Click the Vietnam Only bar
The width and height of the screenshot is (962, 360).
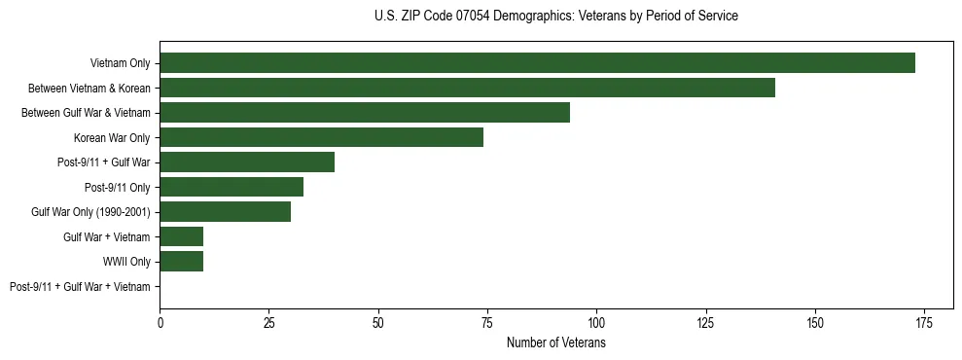click(x=537, y=63)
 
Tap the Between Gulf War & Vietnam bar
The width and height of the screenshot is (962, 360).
click(x=365, y=113)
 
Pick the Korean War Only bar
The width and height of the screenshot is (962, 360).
click(x=321, y=137)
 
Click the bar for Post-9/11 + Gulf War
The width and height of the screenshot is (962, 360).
click(x=247, y=162)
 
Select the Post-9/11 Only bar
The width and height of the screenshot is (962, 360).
click(x=232, y=187)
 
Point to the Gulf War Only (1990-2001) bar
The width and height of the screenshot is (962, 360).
click(x=225, y=211)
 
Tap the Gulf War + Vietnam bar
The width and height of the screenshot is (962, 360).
click(x=182, y=236)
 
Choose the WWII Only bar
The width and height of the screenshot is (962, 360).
click(x=182, y=261)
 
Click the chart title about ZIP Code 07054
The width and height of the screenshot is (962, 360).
click(x=555, y=17)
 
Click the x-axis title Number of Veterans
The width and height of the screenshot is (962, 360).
click(x=555, y=342)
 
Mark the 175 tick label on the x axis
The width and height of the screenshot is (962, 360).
click(x=923, y=322)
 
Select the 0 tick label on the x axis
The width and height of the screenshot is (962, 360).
click(x=160, y=322)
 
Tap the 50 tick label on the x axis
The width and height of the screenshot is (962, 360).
click(x=378, y=322)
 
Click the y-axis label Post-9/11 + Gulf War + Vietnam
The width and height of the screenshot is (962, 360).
click(x=80, y=286)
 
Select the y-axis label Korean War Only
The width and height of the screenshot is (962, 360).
click(x=112, y=137)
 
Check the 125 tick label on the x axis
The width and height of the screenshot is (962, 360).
click(x=705, y=322)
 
